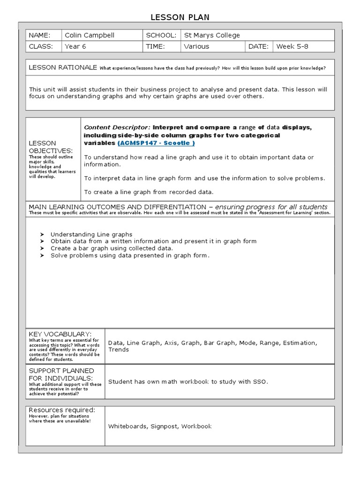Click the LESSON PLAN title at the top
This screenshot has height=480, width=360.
coord(180,17)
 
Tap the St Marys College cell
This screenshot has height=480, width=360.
coord(205,35)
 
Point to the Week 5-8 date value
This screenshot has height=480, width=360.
coord(293,46)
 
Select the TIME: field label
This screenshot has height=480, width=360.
coord(155,46)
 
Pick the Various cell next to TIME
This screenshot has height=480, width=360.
coord(196,46)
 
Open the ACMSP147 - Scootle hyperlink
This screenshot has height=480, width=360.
coord(156,142)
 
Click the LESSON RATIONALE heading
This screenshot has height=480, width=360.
coord(62,67)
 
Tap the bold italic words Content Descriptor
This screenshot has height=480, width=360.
coord(117,127)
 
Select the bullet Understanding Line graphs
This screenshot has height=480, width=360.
coord(91,234)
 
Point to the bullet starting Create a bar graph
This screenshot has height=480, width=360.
coord(112,248)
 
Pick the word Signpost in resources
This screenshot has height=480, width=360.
coord(165,426)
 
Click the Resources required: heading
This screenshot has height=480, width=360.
coord(62,410)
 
